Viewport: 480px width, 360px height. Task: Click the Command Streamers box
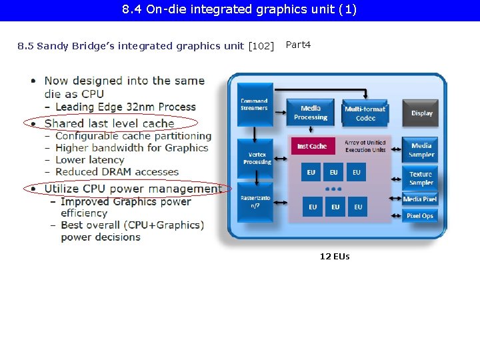[254, 105]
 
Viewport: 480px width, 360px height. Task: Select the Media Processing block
[310, 113]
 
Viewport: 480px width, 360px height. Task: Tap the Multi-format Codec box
[365, 113]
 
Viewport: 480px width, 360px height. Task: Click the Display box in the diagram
[421, 113]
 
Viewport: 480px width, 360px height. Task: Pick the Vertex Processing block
[257, 158]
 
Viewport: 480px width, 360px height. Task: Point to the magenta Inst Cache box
[312, 146]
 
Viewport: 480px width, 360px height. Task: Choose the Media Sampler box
[421, 150]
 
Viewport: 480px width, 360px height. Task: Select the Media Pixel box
[420, 199]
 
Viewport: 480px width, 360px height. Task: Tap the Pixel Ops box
[420, 215]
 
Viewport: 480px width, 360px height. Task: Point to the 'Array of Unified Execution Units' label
[365, 146]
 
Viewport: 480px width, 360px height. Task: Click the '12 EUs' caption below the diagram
[335, 257]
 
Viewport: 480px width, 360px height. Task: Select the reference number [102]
[261, 46]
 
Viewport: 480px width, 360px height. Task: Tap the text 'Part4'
[298, 45]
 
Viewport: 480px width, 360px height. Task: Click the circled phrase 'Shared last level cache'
[109, 123]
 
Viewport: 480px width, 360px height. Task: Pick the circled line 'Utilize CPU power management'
[133, 189]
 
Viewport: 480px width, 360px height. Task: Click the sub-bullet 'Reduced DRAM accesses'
[117, 172]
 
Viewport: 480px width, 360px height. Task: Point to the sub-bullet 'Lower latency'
[89, 160]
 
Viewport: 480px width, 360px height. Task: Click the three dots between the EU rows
[334, 189]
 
